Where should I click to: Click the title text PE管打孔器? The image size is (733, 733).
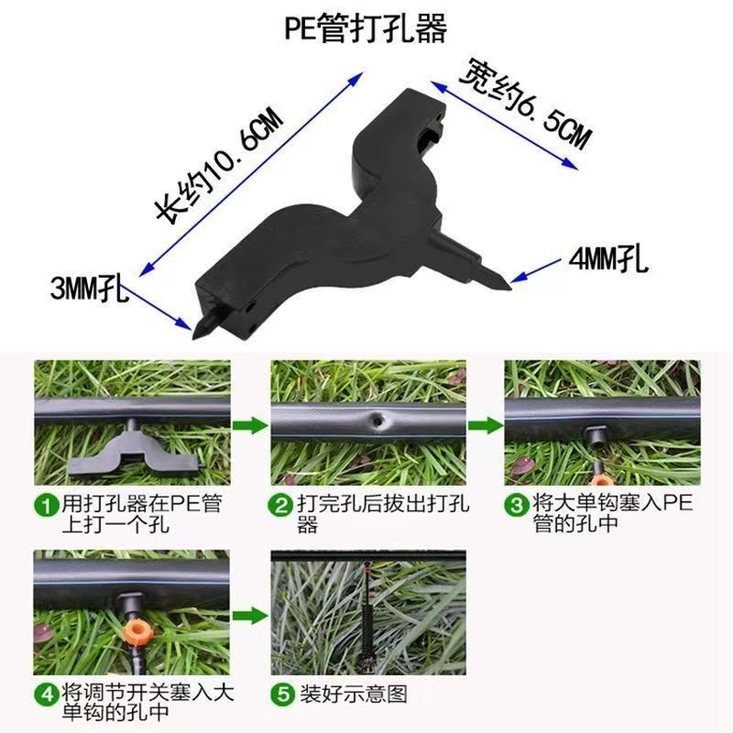click(x=366, y=29)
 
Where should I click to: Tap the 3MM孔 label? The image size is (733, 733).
click(x=89, y=289)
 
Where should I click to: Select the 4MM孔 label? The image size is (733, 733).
click(x=608, y=260)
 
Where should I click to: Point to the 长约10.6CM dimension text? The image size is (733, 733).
click(x=220, y=165)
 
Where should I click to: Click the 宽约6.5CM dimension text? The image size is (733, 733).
click(x=524, y=104)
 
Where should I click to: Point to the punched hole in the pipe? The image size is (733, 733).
click(x=377, y=421)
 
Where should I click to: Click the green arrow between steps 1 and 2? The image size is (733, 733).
click(x=250, y=426)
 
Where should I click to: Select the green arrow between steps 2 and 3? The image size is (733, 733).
click(x=486, y=426)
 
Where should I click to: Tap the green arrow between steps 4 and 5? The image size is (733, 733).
click(x=250, y=616)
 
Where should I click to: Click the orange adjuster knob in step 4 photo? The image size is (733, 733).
click(x=134, y=632)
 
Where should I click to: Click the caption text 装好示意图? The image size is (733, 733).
click(x=353, y=695)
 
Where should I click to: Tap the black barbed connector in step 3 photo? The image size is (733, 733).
click(x=596, y=436)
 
